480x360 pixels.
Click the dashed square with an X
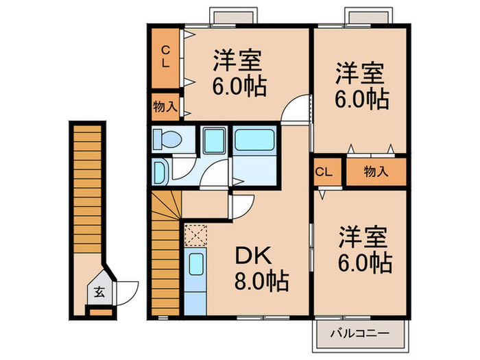point(194,236)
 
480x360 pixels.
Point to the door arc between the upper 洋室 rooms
point(298,110)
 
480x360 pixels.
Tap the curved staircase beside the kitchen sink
point(165,247)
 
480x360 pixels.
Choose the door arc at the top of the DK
point(241,205)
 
